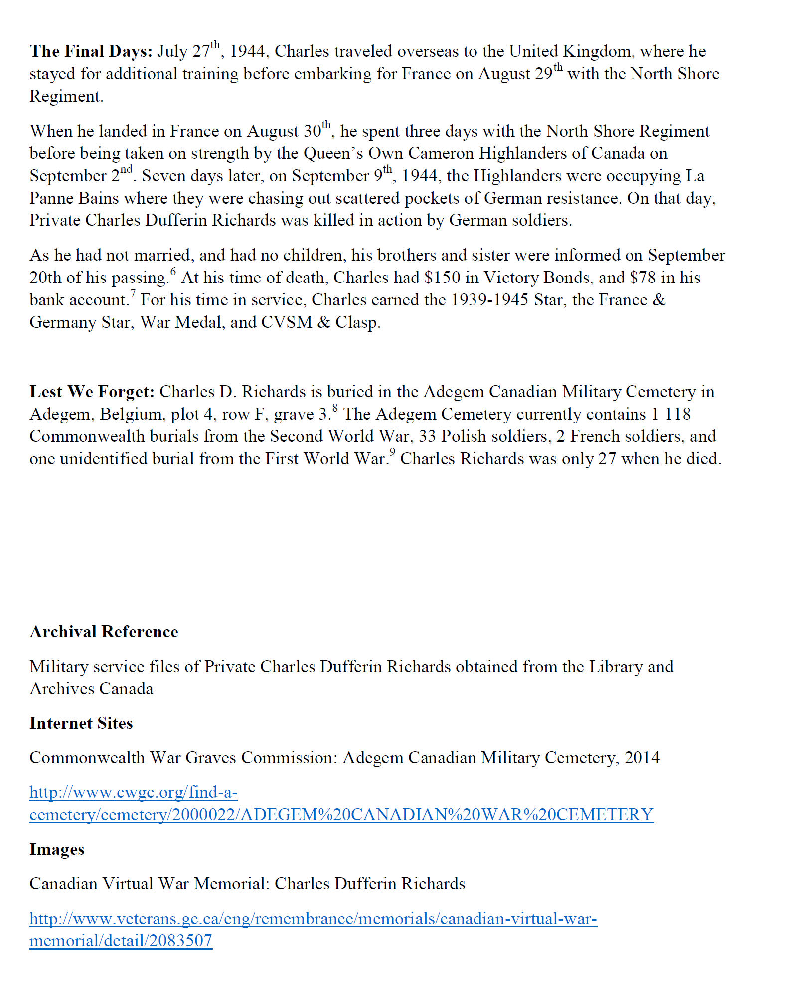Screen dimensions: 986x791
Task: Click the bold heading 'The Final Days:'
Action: coord(91,51)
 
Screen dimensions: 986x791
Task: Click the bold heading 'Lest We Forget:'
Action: coord(92,392)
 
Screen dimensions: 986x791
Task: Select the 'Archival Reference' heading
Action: coord(104,632)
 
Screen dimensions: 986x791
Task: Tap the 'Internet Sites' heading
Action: coord(81,723)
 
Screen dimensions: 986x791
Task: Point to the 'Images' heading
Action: coord(57,849)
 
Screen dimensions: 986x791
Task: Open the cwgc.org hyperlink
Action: coord(341,815)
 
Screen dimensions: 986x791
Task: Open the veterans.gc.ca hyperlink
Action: coord(313,919)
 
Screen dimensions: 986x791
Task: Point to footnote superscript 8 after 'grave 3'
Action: coord(335,408)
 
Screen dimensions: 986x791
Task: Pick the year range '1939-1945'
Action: coord(489,300)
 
